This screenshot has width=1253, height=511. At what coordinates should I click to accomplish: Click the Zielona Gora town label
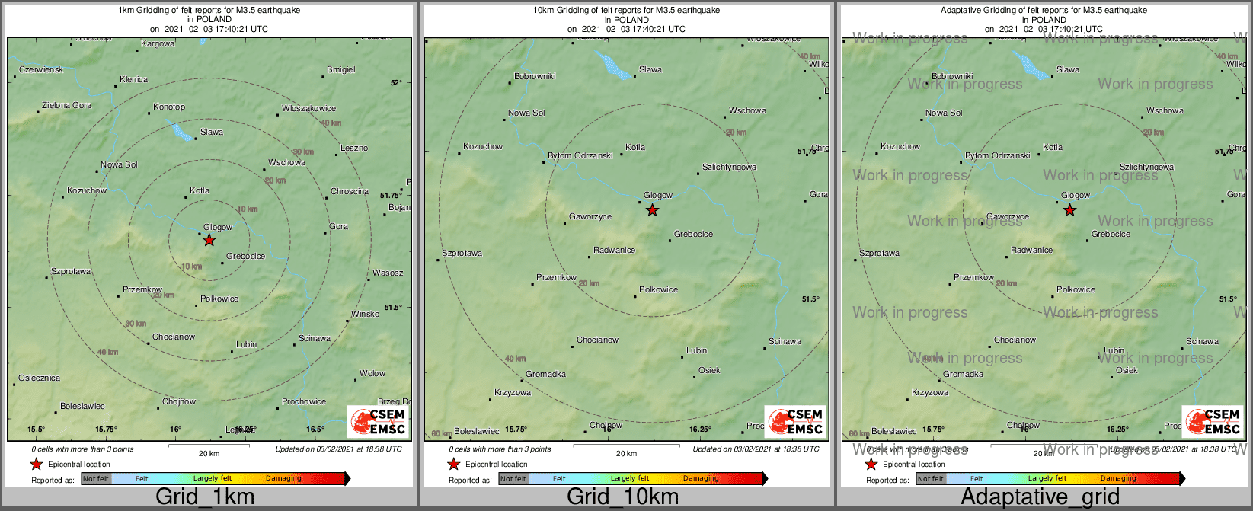66,106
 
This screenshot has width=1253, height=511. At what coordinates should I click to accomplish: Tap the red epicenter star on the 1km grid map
209,240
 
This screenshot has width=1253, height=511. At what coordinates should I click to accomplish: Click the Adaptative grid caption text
1040,497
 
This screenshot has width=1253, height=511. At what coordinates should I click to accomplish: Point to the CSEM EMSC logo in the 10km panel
794,422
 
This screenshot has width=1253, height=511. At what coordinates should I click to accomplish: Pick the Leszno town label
354,148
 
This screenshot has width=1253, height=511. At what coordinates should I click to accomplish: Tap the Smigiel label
340,69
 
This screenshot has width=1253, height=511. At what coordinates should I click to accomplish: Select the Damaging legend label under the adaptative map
1117,478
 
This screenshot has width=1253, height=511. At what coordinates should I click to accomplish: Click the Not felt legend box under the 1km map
96,479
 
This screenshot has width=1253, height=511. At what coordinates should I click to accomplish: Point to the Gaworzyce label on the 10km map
590,216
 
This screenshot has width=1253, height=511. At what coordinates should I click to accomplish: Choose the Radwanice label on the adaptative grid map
1031,250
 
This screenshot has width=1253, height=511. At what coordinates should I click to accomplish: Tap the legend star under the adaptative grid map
871,465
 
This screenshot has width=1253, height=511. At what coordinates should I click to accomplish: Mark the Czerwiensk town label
41,69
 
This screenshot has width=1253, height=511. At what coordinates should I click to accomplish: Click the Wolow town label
372,373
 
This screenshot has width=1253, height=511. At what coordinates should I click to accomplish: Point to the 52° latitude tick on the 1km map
396,82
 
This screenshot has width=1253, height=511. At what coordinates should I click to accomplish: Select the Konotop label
169,107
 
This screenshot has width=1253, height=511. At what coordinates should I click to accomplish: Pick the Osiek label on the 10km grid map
709,370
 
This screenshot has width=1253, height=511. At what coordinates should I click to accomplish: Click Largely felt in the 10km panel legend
629,478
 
